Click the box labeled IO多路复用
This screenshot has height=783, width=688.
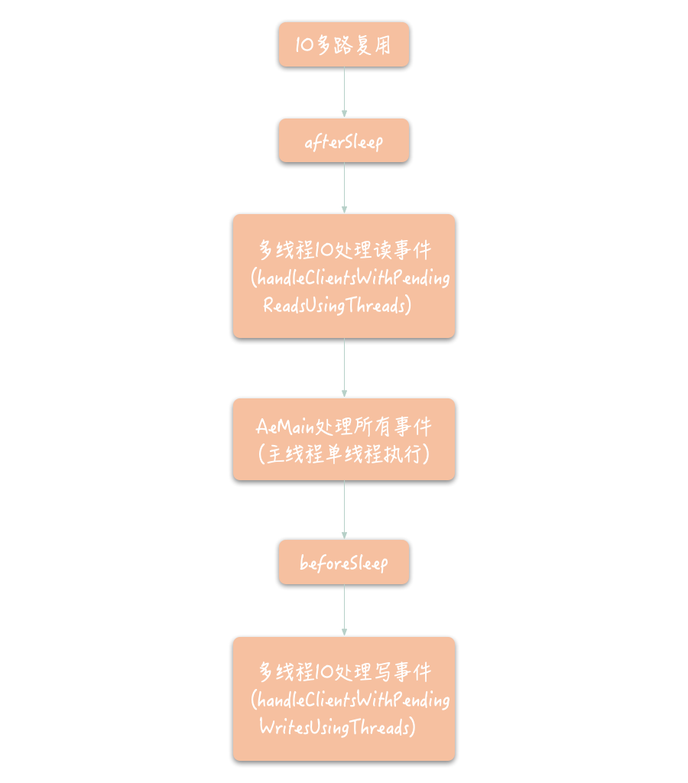click(x=344, y=44)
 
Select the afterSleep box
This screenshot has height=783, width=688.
click(x=344, y=141)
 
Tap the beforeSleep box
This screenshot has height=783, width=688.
click(x=344, y=563)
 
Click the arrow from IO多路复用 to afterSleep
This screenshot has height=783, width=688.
click(x=344, y=93)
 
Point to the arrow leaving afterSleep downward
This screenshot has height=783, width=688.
click(x=344, y=188)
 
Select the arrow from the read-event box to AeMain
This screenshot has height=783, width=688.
click(x=344, y=368)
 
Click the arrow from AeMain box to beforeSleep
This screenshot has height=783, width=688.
click(x=344, y=510)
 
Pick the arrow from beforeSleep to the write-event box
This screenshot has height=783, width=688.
click(x=344, y=611)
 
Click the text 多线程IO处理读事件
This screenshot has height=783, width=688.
click(x=345, y=250)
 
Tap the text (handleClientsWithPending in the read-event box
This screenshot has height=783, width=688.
click(x=350, y=278)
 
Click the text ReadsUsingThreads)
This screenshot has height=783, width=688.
click(x=337, y=305)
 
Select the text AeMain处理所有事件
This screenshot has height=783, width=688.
click(x=344, y=426)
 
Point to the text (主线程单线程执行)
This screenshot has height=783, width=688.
click(x=344, y=454)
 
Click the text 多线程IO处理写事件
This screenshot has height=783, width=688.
click(x=345, y=672)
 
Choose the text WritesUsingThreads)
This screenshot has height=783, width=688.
click(x=337, y=727)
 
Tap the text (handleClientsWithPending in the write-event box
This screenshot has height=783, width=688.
click(x=350, y=700)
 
